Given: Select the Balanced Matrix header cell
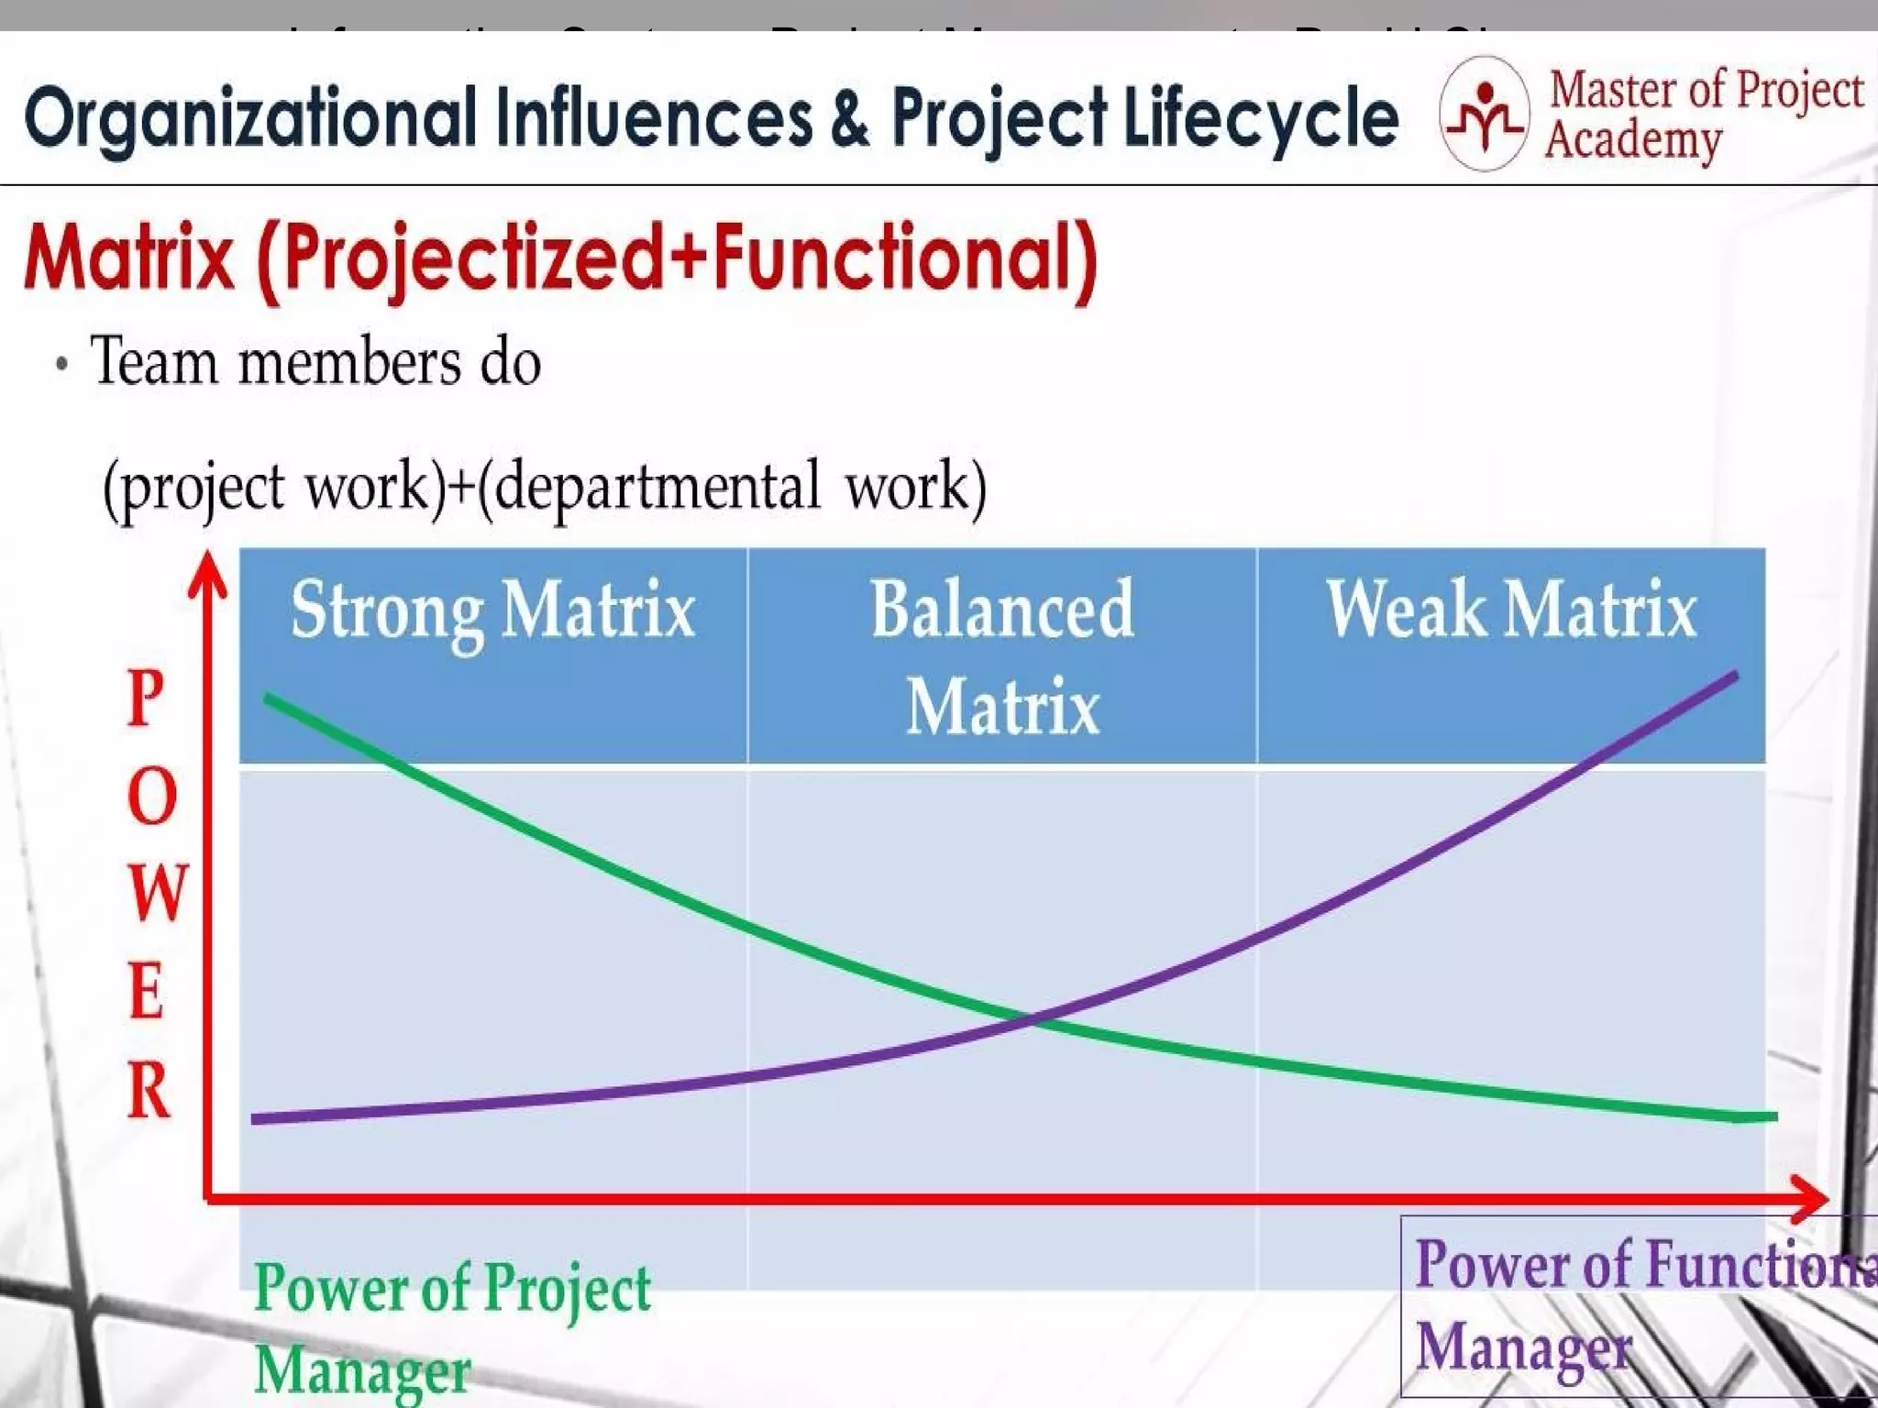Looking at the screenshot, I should [x=1001, y=656].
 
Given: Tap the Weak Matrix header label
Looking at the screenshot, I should [x=1510, y=610].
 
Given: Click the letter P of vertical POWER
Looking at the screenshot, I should [x=146, y=698].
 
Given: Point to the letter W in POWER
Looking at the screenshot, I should [x=157, y=893].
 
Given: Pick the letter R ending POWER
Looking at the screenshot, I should [x=149, y=1091].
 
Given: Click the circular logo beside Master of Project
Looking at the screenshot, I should [x=1483, y=114].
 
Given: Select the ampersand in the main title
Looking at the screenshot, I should [x=850, y=117].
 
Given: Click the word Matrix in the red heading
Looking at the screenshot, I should [x=130, y=258].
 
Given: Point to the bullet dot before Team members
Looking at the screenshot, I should [x=61, y=364].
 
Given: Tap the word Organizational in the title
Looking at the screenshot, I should [x=249, y=119].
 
